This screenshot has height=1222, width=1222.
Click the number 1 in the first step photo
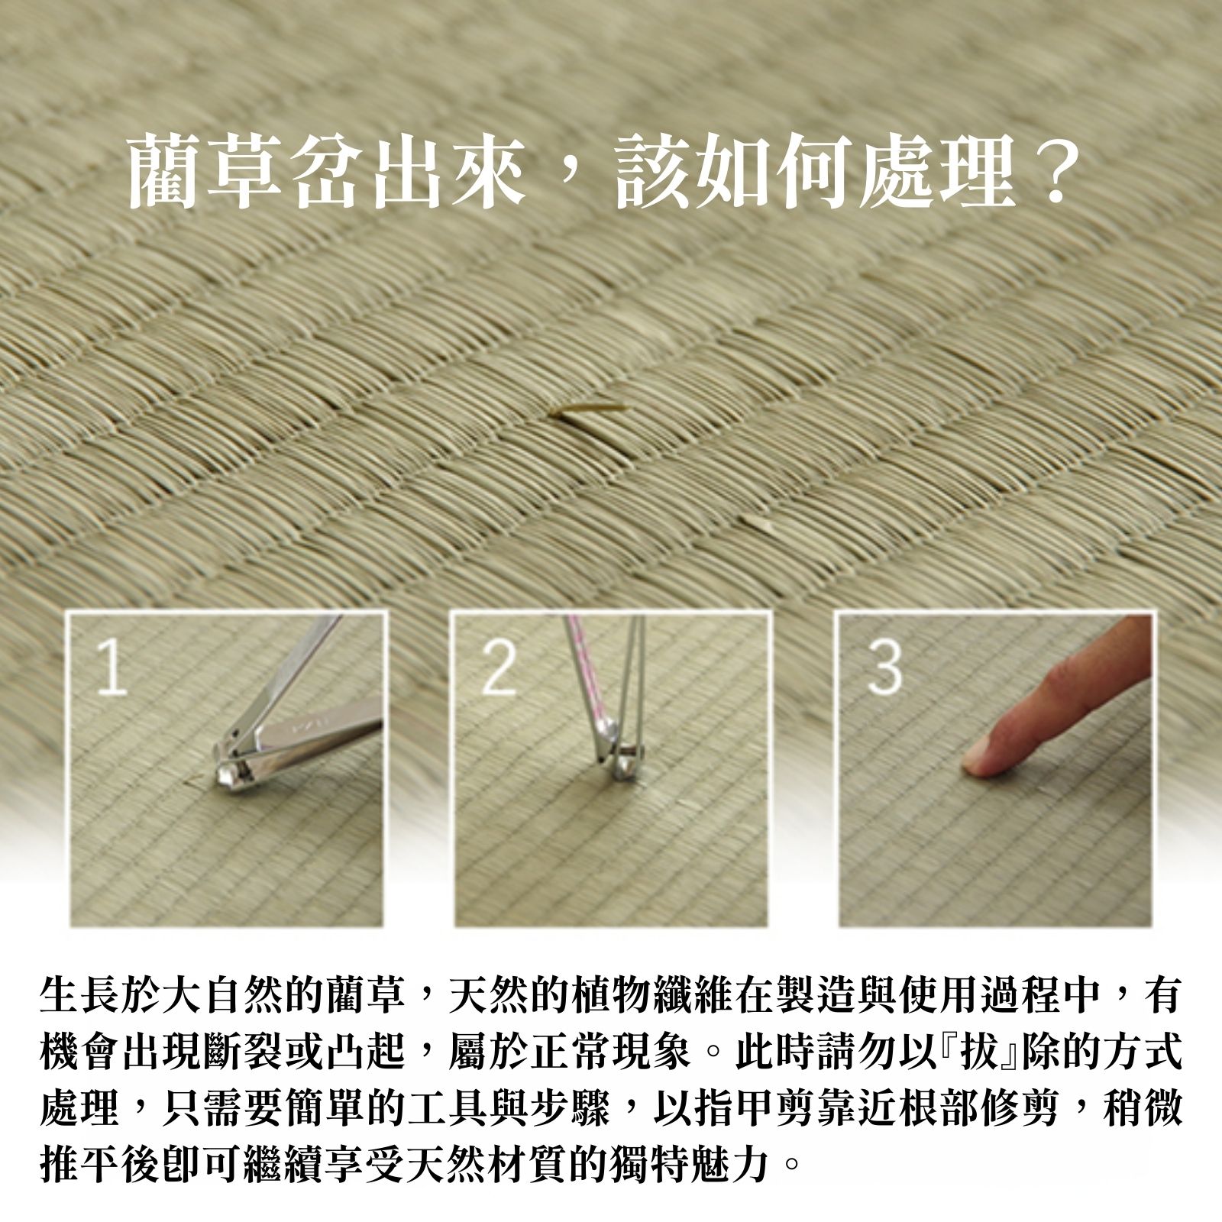(112, 668)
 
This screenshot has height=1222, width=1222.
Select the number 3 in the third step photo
(884, 668)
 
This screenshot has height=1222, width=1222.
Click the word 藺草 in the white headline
(206, 171)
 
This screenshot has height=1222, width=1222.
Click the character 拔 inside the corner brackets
(979, 1052)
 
